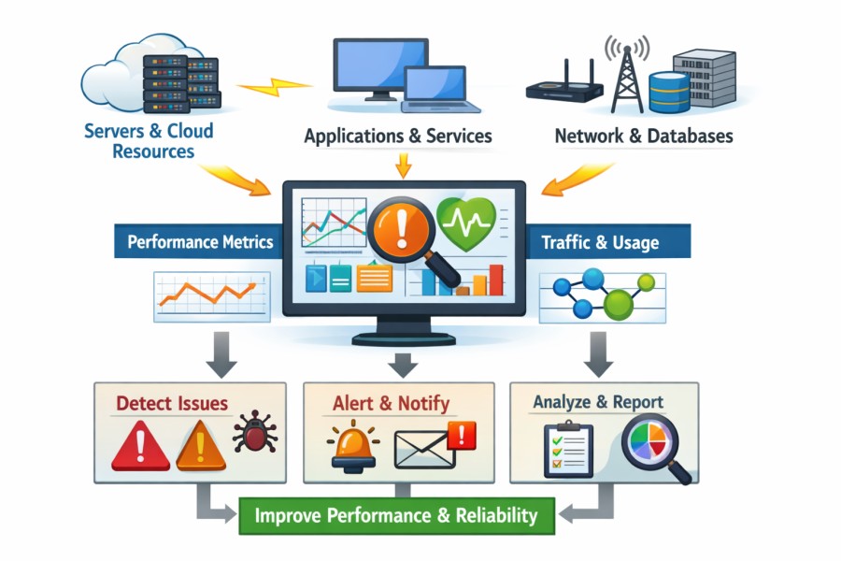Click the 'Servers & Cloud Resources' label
[150, 140]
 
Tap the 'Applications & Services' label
[398, 136]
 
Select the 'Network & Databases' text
[644, 136]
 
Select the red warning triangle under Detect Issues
[140, 444]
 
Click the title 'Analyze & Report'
[598, 402]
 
